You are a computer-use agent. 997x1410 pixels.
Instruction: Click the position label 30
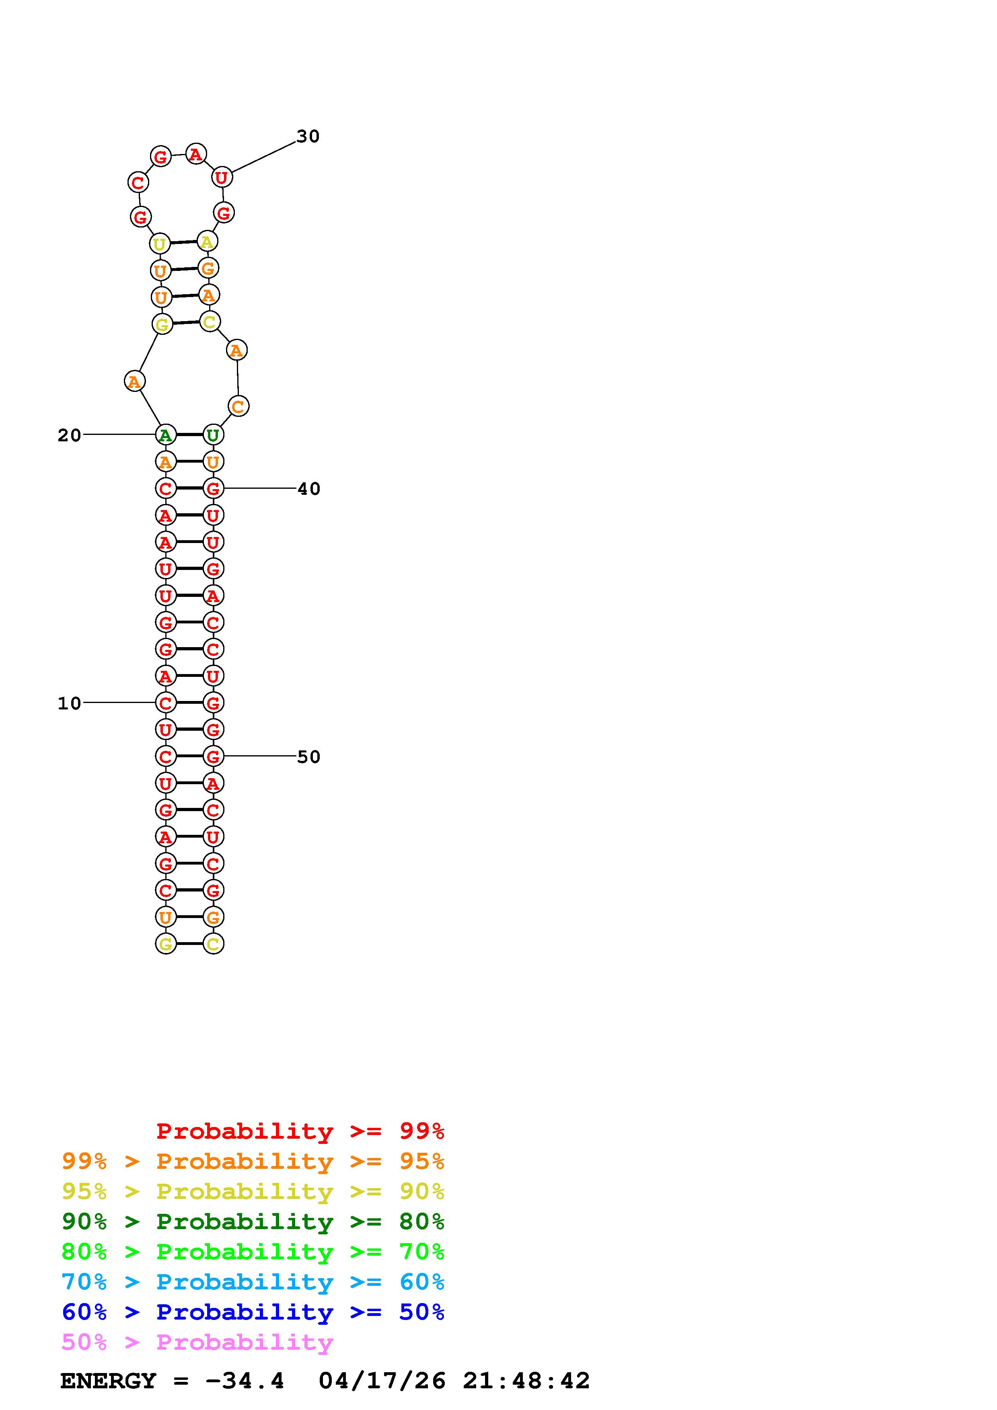(308, 136)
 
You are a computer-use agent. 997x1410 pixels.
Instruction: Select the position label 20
(70, 435)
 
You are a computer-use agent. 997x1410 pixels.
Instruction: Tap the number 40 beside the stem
(309, 489)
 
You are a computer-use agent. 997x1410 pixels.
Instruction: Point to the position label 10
(70, 703)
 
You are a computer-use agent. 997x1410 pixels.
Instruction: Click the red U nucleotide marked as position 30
(222, 178)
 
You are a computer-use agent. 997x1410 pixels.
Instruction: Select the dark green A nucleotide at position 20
(165, 435)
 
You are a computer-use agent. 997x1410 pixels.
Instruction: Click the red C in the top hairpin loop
(138, 182)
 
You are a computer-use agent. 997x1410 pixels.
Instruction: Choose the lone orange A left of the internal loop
(134, 381)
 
